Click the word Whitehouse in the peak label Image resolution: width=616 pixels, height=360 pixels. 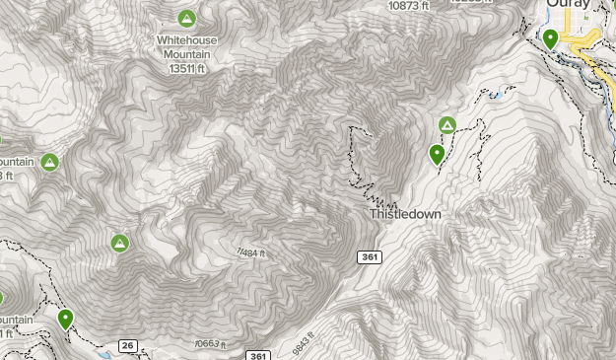tap(187, 40)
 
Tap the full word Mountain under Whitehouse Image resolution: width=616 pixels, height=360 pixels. tap(187, 54)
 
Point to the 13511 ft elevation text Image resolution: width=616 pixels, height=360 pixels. tap(186, 68)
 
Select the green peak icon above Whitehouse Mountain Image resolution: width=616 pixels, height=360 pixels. tap(186, 18)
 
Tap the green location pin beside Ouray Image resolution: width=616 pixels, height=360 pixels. tap(550, 38)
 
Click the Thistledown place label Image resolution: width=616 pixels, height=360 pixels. tap(405, 214)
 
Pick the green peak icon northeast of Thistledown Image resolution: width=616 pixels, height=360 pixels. tap(446, 124)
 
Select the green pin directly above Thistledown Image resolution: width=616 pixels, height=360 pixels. tap(437, 154)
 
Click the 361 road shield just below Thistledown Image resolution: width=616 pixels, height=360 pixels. tap(368, 256)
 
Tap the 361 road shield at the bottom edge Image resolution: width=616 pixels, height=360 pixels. tap(257, 355)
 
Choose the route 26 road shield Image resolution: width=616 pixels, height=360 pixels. tap(128, 345)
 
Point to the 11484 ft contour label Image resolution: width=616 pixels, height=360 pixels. tap(251, 254)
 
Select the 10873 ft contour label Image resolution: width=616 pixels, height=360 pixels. tap(408, 5)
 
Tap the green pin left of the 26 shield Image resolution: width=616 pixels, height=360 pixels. tap(65, 318)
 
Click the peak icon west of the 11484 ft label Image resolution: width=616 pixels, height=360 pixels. tap(119, 243)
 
